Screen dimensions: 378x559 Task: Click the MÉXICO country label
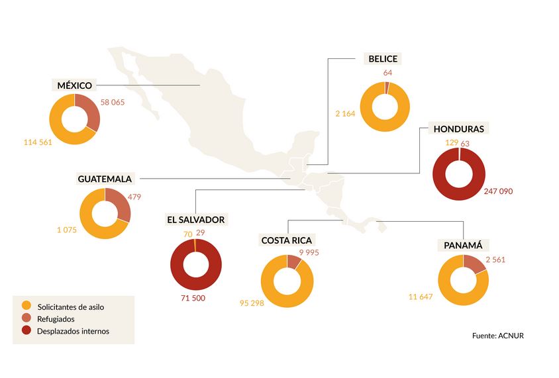[x=74, y=85]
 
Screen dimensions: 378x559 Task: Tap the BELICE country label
[x=383, y=59]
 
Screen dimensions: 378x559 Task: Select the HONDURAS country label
[x=458, y=128]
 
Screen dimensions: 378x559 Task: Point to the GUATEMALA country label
[x=105, y=179]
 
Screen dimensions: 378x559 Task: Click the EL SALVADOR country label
[x=195, y=219]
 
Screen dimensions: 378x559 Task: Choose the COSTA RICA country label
[x=287, y=240]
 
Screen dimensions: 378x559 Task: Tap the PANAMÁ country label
[x=462, y=246]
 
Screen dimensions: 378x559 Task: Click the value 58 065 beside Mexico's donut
[x=112, y=103]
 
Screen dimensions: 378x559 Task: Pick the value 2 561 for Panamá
[x=495, y=260]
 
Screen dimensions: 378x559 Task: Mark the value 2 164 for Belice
[x=346, y=114]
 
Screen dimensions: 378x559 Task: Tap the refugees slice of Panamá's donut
[x=475, y=264]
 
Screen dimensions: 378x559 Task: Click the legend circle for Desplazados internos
[x=26, y=331]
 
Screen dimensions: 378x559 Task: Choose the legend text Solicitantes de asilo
[x=71, y=307]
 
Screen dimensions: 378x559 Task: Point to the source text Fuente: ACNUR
[x=498, y=336]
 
